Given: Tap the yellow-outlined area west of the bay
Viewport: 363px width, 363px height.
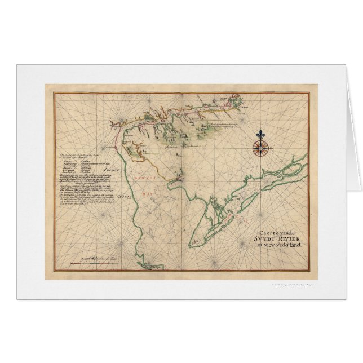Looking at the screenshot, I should point(136,149).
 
